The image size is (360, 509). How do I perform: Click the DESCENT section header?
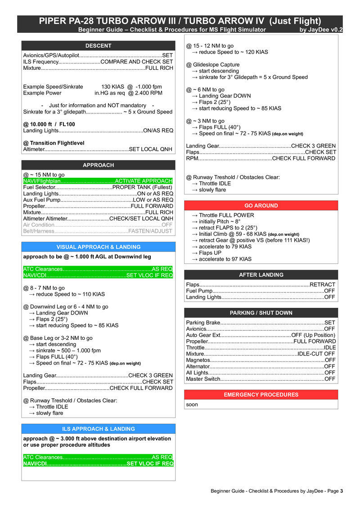98,46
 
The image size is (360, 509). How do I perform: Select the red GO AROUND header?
261,206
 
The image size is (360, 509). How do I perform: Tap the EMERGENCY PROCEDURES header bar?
261,395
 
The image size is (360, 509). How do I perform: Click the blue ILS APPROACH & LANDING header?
98,429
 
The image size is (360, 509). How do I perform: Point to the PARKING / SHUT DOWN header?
261,313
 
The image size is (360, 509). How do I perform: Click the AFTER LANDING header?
261,275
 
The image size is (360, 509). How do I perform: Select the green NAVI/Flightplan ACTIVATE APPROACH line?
98,181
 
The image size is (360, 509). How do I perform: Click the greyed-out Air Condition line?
98,225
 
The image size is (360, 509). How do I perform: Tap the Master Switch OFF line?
261,379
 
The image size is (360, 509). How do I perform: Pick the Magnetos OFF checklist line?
261,360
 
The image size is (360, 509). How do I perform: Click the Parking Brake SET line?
261,323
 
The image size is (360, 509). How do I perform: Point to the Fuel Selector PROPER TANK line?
98,187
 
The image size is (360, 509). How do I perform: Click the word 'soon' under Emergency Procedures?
192,405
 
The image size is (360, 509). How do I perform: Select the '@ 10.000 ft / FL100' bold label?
49,124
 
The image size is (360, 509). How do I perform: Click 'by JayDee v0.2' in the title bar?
321,30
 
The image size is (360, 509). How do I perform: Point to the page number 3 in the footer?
342,491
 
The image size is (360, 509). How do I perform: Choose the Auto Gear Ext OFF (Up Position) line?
261,335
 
